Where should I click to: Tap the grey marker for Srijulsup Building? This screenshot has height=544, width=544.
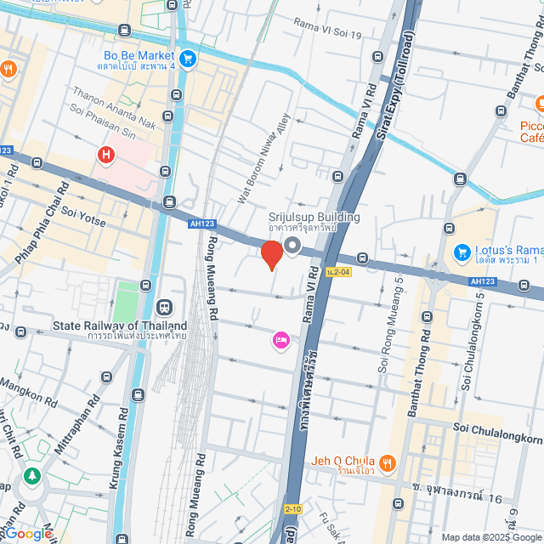[293, 246]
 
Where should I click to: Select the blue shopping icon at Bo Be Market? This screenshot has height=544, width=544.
[188, 59]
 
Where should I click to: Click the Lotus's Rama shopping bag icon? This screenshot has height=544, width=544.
[462, 252]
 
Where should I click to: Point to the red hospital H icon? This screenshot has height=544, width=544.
[106, 156]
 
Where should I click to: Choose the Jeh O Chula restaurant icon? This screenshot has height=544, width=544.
[388, 462]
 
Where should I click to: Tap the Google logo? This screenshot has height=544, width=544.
[27, 533]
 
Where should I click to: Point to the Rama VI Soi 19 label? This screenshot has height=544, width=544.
[327, 29]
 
